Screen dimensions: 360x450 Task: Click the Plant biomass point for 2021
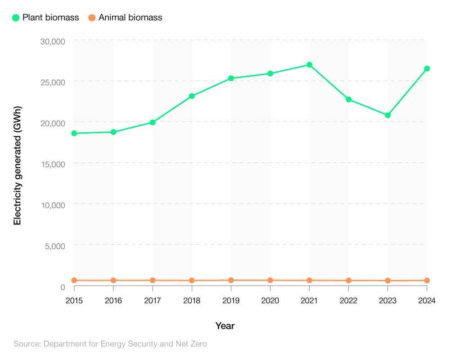pos(309,65)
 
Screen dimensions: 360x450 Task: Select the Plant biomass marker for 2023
pos(387,115)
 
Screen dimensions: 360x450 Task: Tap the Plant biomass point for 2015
pos(74,133)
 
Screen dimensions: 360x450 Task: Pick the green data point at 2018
pos(192,96)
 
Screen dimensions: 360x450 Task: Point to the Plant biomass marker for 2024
pos(427,69)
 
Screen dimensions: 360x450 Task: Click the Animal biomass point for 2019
pos(231,280)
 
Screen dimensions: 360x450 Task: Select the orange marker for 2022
pos(348,280)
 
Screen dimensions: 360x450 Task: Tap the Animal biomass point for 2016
pos(113,280)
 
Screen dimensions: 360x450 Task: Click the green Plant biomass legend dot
pos(16,18)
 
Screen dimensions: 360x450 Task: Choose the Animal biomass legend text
pos(130,18)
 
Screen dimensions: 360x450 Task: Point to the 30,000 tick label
pos(53,41)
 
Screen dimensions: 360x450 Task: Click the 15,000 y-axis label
pos(53,164)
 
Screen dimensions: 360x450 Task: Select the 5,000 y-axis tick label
pos(55,246)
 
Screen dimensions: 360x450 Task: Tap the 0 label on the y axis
pos(63,287)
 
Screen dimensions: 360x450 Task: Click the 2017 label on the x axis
pos(153,301)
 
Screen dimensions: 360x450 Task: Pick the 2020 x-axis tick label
pos(270,301)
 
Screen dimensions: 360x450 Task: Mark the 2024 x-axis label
pos(426,301)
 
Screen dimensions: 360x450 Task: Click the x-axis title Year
pos(225,326)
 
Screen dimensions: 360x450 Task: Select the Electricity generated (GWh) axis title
pos(18,166)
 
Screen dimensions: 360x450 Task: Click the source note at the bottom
pos(110,344)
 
